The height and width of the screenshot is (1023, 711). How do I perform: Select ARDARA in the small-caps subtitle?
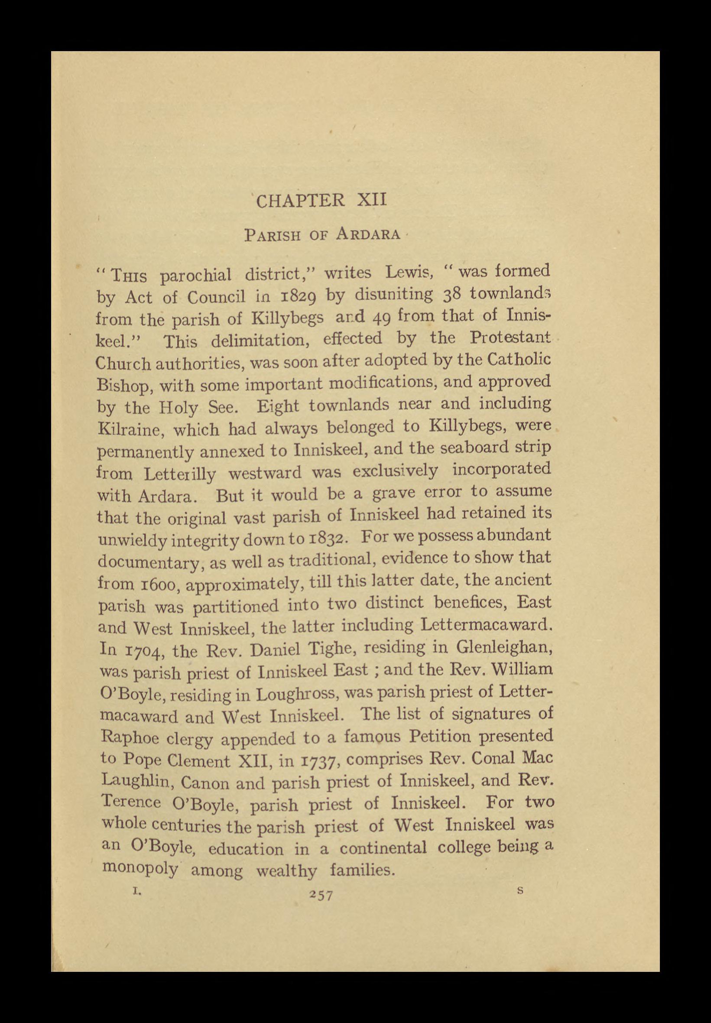(368, 234)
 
